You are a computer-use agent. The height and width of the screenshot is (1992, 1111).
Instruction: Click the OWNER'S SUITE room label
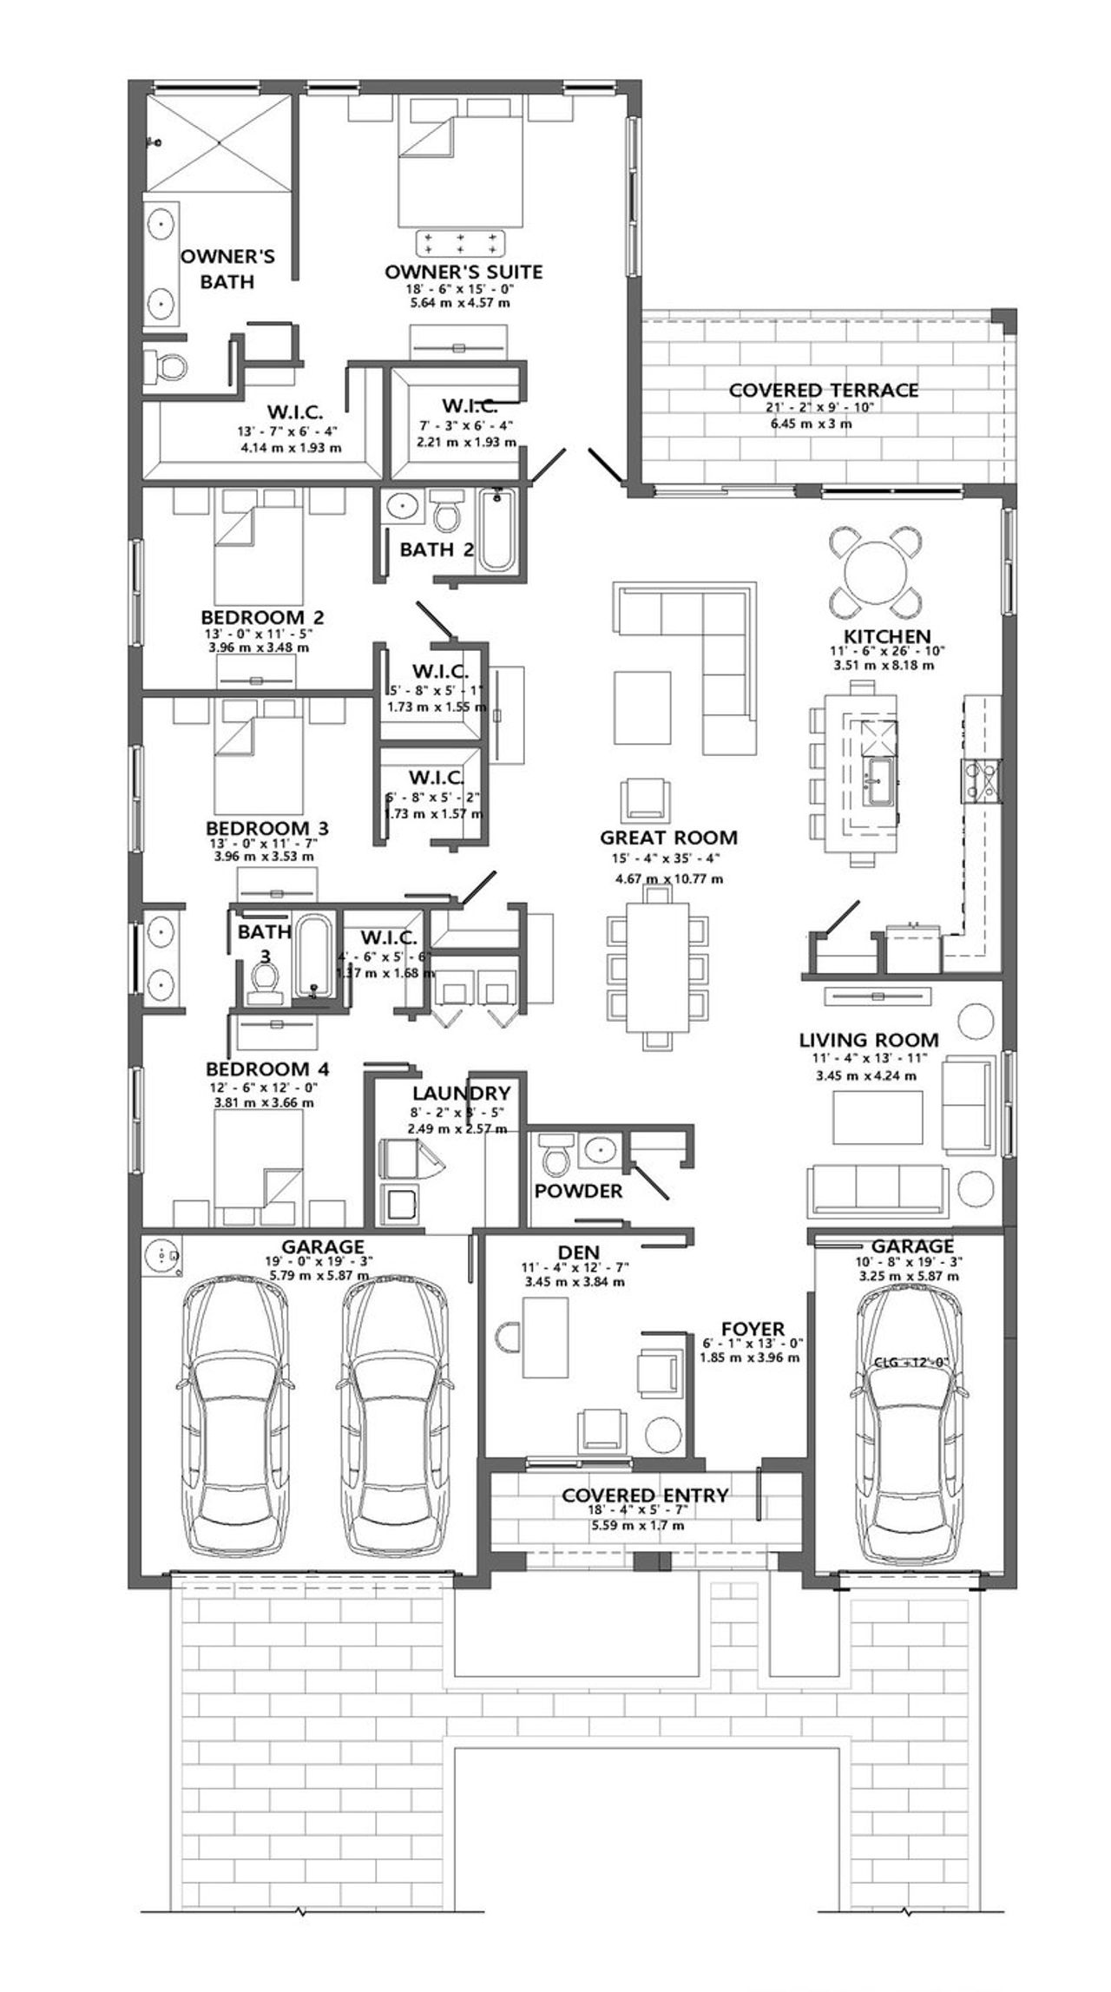pyautogui.click(x=463, y=272)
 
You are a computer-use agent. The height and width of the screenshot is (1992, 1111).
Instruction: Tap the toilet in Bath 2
pyautogui.click(x=448, y=513)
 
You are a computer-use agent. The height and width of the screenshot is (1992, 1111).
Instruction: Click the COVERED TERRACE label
pyautogui.click(x=823, y=391)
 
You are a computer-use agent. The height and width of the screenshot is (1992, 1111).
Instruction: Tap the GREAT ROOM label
pyautogui.click(x=668, y=838)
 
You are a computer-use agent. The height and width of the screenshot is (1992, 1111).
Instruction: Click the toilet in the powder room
pyautogui.click(x=554, y=1155)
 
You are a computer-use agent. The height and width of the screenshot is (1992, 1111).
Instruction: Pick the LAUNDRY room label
pyautogui.click(x=461, y=1093)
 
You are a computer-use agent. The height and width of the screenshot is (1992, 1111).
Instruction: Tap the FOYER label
pyautogui.click(x=753, y=1329)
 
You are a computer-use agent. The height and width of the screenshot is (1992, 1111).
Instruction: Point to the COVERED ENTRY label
pyautogui.click(x=644, y=1496)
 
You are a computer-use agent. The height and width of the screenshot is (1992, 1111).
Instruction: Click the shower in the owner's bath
pyautogui.click(x=217, y=143)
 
